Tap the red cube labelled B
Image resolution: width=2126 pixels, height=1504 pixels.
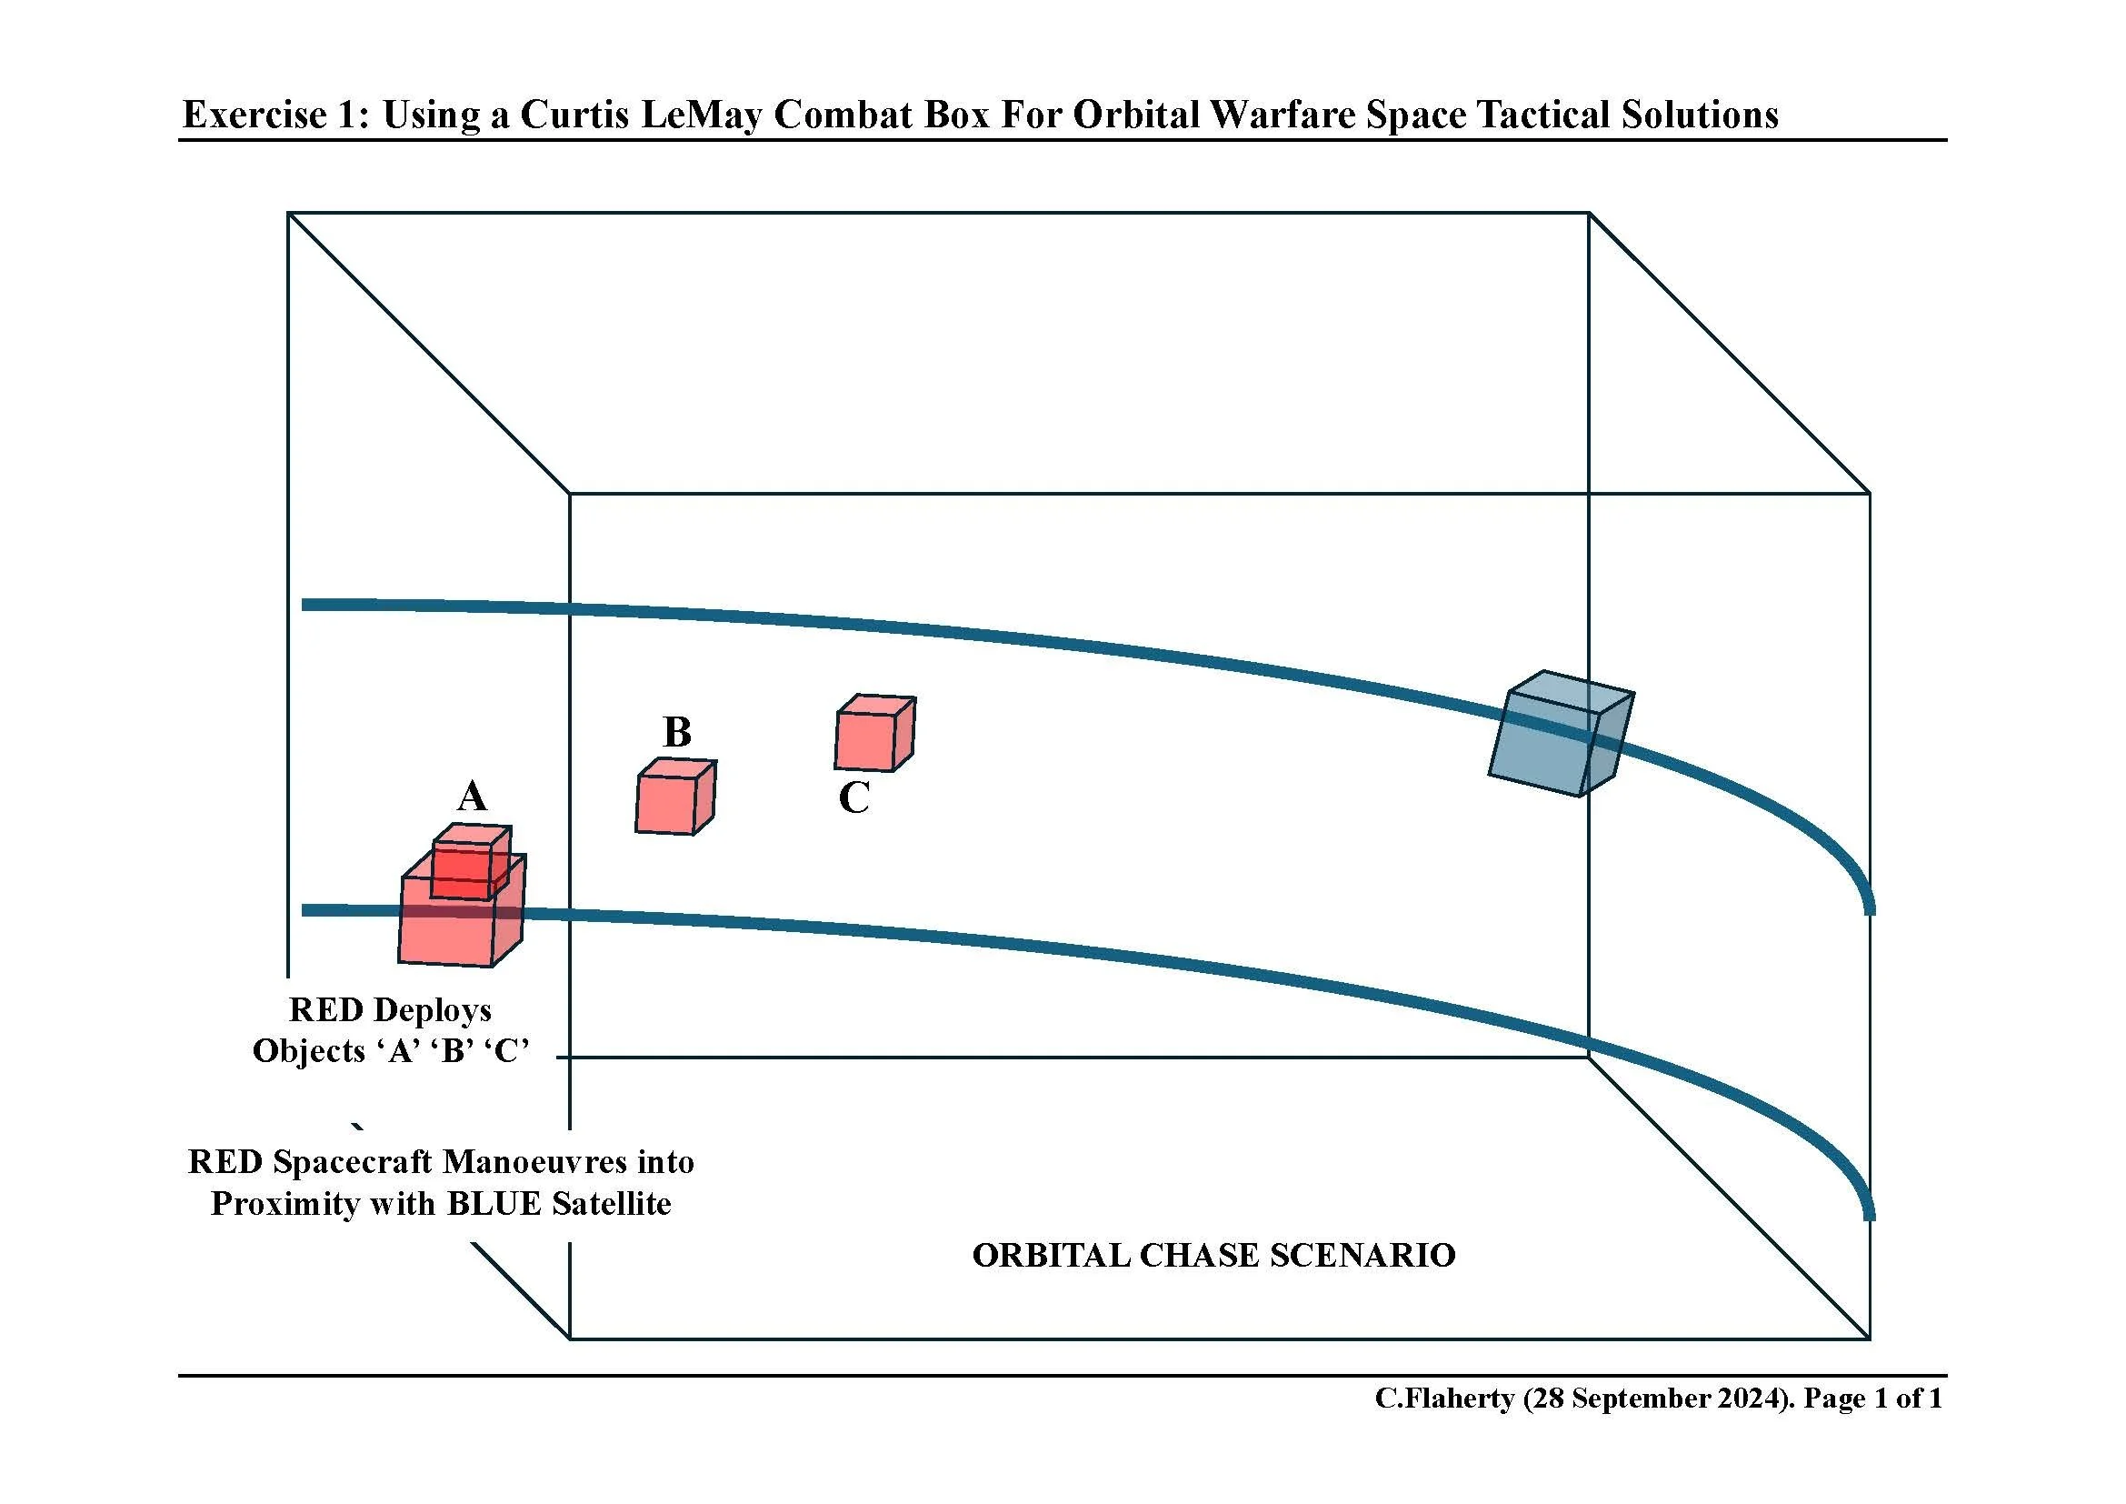(675, 797)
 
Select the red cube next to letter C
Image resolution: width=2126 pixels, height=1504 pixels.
(874, 733)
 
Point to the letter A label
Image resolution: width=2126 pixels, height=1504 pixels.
(472, 797)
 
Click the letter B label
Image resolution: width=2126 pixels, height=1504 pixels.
(677, 733)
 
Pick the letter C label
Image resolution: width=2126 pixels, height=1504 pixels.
(853, 798)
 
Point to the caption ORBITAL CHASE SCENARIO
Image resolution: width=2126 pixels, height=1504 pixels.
(1213, 1256)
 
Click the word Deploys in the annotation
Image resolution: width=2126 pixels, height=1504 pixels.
(433, 1009)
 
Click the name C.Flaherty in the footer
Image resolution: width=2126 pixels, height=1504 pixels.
(1444, 1399)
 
